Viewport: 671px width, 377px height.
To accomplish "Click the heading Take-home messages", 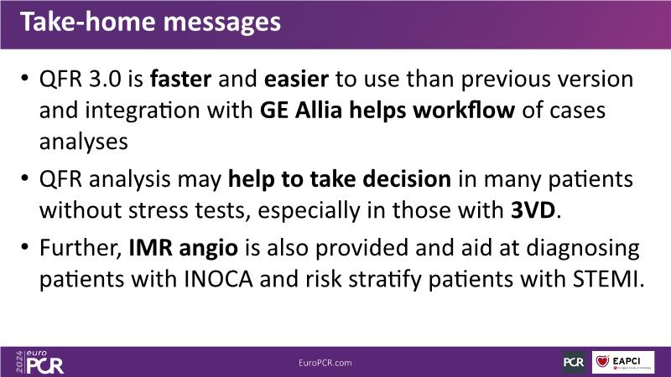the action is pos(150,22).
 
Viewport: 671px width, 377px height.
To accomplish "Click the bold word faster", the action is pos(180,79).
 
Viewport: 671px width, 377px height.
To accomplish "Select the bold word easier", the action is pos(296,79).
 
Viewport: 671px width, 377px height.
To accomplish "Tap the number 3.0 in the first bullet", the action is pos(106,79).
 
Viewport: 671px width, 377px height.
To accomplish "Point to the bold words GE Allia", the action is pos(301,111).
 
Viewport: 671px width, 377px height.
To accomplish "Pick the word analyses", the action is pos(83,142).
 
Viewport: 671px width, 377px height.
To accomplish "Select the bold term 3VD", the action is pos(533,210).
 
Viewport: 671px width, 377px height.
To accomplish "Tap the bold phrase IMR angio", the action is pos(183,248).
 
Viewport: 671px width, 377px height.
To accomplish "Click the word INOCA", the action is pos(218,279).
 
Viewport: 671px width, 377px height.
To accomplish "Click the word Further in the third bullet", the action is pos(79,248).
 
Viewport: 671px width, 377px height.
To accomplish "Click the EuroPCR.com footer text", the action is pos(325,363).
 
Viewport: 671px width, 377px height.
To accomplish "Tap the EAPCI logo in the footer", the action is pos(623,363).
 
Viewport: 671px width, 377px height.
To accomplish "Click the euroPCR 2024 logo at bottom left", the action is pos(39,363).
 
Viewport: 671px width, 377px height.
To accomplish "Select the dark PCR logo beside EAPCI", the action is pos(574,363).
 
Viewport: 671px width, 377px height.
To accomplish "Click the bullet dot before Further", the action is pos(25,247).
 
